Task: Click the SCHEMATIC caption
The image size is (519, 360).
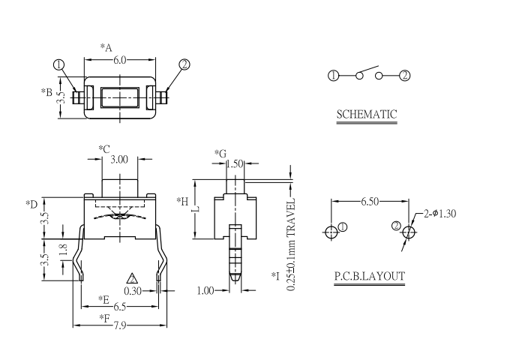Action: (367, 115)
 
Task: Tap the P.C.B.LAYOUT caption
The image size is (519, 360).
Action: (369, 276)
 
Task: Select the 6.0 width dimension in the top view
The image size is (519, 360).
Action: (119, 61)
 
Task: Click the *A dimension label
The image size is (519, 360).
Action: (106, 48)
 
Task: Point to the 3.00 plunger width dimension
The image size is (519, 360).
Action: (119, 159)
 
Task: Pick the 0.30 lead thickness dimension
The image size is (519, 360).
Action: (133, 291)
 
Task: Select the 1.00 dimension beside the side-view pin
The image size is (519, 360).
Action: (205, 290)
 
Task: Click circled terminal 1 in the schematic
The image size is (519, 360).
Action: (334, 75)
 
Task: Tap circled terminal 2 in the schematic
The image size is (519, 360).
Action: (405, 75)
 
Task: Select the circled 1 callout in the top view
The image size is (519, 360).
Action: (59, 64)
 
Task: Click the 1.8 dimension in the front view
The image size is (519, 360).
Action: (63, 248)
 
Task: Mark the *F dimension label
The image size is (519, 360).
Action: (105, 318)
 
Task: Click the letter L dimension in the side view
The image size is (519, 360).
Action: (196, 211)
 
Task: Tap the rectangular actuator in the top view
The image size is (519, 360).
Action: (119, 96)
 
